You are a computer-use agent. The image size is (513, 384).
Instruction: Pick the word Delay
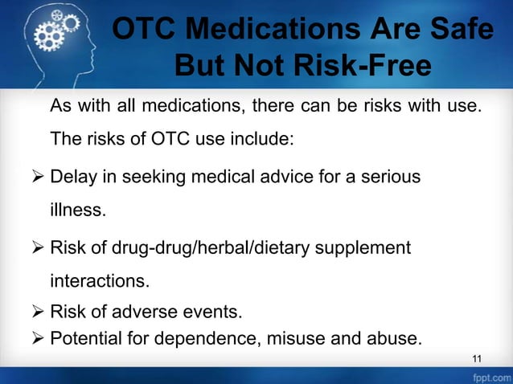click(73, 176)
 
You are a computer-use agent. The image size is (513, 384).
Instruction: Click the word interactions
click(101, 282)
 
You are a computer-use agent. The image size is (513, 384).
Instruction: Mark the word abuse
click(395, 338)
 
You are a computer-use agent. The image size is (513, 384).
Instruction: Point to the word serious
click(392, 176)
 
